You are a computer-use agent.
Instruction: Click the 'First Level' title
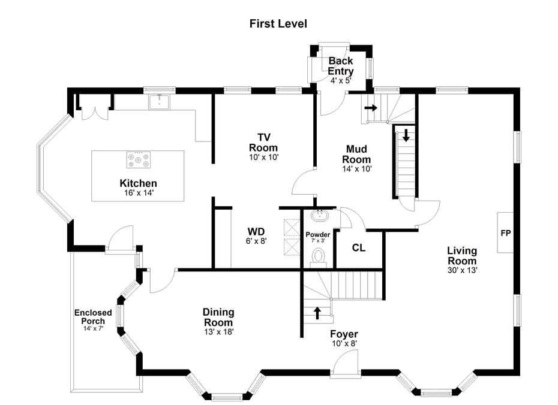pyautogui.click(x=278, y=24)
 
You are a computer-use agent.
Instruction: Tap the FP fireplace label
pyautogui.click(x=506, y=233)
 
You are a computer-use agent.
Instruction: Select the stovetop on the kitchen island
pyautogui.click(x=138, y=160)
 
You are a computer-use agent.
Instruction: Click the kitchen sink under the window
pyautogui.click(x=160, y=102)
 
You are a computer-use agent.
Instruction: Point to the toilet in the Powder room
pyautogui.click(x=318, y=256)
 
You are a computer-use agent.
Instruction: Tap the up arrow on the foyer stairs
pyautogui.click(x=317, y=313)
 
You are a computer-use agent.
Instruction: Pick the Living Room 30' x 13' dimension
pyautogui.click(x=461, y=270)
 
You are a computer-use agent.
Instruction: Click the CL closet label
pyautogui.click(x=359, y=247)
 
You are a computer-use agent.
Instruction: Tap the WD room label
pyautogui.click(x=256, y=231)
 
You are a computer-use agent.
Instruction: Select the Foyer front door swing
pyautogui.click(x=345, y=363)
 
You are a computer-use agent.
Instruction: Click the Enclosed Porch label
pyautogui.click(x=93, y=317)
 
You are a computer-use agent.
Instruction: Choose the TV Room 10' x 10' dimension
pyautogui.click(x=263, y=157)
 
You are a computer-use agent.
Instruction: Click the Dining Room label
pyautogui.click(x=218, y=317)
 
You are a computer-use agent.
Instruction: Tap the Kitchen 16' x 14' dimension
pyautogui.click(x=138, y=193)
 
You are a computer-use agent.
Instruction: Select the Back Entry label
pyautogui.click(x=340, y=66)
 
